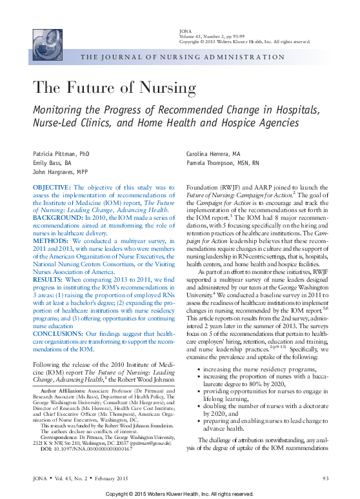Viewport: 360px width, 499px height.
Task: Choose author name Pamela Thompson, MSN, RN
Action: point(223,163)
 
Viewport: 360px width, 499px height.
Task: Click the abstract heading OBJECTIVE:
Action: point(52,187)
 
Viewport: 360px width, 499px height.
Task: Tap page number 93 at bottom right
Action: point(325,478)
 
